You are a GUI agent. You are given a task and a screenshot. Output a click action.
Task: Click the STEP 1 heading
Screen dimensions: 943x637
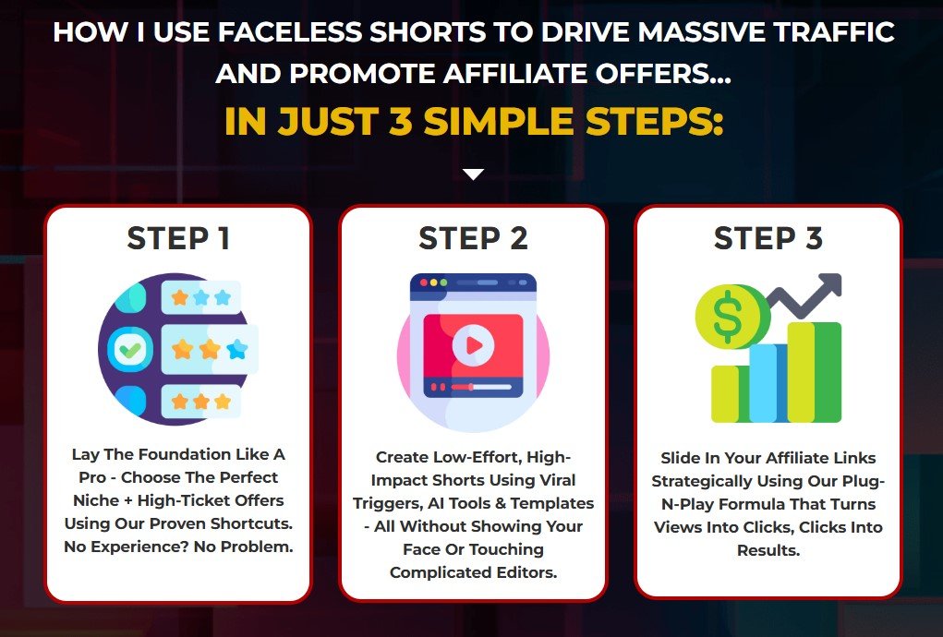pos(178,238)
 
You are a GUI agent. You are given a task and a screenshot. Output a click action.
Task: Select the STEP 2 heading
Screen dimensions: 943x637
pos(473,238)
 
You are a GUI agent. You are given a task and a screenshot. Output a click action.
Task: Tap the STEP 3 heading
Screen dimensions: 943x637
pos(768,238)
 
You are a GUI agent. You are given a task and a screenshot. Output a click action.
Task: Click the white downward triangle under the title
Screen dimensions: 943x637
pos(473,174)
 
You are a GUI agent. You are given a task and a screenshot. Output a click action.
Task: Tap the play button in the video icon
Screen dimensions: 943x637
pos(473,345)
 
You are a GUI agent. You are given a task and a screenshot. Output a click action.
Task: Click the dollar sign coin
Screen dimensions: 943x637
pos(729,316)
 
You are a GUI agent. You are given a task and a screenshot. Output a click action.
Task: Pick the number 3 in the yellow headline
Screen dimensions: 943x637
pos(400,121)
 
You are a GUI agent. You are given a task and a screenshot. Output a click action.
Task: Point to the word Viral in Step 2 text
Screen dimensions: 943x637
pos(556,480)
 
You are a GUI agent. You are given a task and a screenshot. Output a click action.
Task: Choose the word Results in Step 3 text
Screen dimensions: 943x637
pos(768,550)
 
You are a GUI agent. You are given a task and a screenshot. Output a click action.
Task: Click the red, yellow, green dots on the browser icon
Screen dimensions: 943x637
pos(433,282)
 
